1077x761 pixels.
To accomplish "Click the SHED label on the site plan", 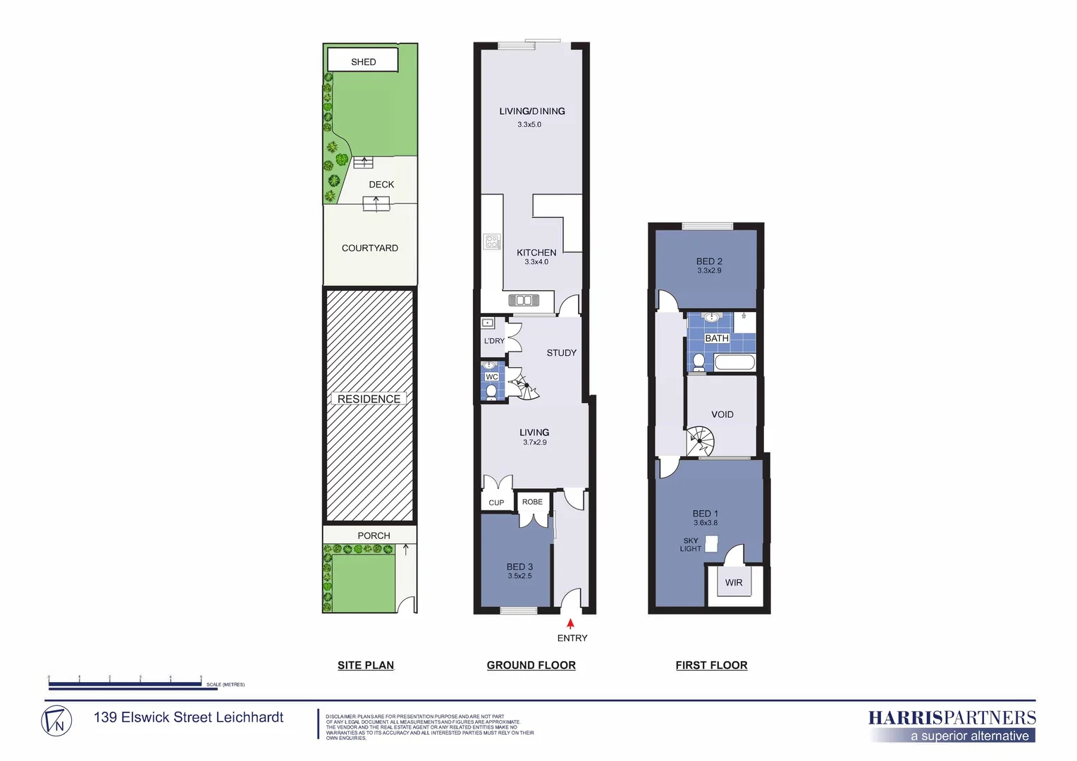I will (363, 62).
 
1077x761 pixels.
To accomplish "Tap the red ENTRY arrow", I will (570, 624).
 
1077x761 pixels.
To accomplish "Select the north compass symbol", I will (56, 721).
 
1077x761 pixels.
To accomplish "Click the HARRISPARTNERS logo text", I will (952, 718).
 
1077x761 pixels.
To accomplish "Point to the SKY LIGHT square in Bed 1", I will (711, 543).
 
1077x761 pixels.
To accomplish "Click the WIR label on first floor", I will (733, 583).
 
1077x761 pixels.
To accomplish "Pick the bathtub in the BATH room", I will (734, 363).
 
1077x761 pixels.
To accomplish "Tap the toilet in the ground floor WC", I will (491, 391).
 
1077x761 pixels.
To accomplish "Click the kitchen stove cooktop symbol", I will (492, 242).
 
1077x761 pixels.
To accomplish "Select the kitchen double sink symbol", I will (524, 301).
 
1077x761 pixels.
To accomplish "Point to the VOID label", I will (722, 414).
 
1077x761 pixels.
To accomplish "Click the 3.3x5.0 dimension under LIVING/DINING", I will (529, 125).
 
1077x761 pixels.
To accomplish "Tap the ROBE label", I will (532, 502).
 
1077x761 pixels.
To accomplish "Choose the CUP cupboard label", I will (496, 502).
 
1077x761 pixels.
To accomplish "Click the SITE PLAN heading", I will (365, 665).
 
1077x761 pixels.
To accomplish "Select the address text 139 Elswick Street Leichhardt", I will (188, 717).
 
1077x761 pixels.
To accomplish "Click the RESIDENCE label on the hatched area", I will (369, 399).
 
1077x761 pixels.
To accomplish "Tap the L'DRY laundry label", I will (494, 341).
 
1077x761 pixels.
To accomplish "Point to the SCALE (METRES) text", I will (226, 684).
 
